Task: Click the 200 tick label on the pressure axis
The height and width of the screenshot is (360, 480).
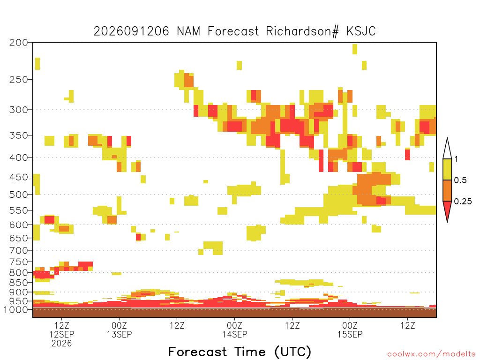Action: (18, 43)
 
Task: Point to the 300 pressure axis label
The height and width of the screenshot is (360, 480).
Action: (18, 110)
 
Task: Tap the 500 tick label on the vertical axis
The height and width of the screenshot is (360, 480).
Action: (18, 195)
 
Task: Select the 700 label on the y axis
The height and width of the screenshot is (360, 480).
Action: (18, 250)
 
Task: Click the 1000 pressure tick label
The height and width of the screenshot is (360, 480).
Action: (15, 309)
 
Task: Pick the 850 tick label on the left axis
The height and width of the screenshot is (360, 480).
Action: (18, 283)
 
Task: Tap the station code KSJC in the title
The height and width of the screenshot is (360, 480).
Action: (361, 31)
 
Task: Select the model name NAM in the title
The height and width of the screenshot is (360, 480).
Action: (188, 31)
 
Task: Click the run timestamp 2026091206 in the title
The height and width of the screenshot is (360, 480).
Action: (131, 31)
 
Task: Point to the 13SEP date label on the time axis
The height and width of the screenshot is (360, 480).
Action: (120, 334)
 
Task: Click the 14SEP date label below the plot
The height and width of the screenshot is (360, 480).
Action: (234, 334)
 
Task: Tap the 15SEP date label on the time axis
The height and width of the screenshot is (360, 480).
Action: (350, 334)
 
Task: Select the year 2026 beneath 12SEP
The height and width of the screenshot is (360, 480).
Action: (61, 344)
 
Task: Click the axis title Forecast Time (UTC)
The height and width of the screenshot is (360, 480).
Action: (240, 352)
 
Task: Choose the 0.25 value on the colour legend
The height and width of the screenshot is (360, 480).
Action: (463, 201)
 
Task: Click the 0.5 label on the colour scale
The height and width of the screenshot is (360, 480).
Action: (460, 180)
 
